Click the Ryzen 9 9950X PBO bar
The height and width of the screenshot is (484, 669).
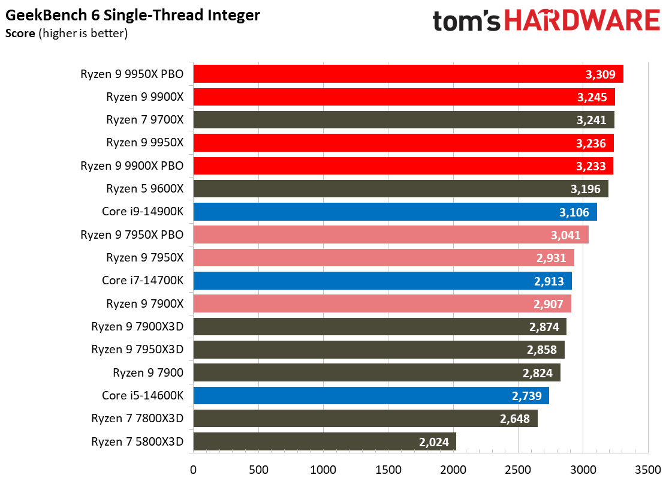(408, 74)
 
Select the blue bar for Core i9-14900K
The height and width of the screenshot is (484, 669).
(395, 212)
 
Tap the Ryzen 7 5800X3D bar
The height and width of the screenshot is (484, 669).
(325, 441)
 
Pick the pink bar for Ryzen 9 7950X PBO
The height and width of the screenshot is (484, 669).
(391, 235)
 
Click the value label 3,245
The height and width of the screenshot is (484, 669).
(592, 97)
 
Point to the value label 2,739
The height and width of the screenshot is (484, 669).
(526, 396)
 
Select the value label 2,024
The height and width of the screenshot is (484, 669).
(433, 442)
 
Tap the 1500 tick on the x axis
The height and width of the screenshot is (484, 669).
(388, 470)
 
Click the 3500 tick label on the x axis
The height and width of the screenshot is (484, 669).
(647, 470)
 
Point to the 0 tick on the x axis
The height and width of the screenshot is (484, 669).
(193, 470)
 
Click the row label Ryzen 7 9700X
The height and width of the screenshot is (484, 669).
(144, 119)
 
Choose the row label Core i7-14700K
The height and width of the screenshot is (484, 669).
(143, 281)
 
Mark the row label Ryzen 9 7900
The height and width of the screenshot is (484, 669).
(148, 372)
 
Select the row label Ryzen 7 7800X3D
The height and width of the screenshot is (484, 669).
(137, 418)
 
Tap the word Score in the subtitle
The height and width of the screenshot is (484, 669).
(20, 34)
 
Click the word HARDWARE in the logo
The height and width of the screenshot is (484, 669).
(583, 20)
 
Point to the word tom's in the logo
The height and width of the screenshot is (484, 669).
(466, 20)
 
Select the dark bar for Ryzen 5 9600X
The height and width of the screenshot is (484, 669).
(401, 189)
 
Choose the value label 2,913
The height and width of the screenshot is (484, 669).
(549, 281)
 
